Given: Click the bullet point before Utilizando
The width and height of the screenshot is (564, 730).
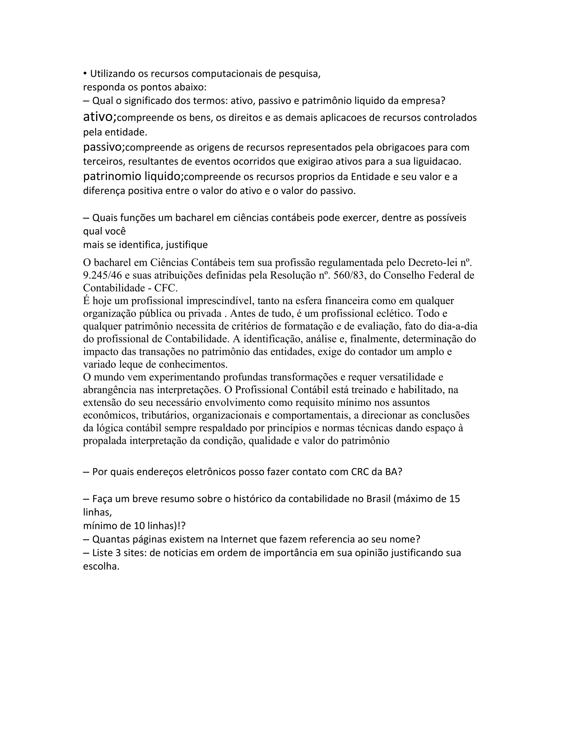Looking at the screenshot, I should (x=85, y=74).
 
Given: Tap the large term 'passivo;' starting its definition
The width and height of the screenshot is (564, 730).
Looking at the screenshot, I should (x=104, y=147).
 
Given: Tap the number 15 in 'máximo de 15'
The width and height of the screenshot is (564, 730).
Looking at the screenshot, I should (x=455, y=499).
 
